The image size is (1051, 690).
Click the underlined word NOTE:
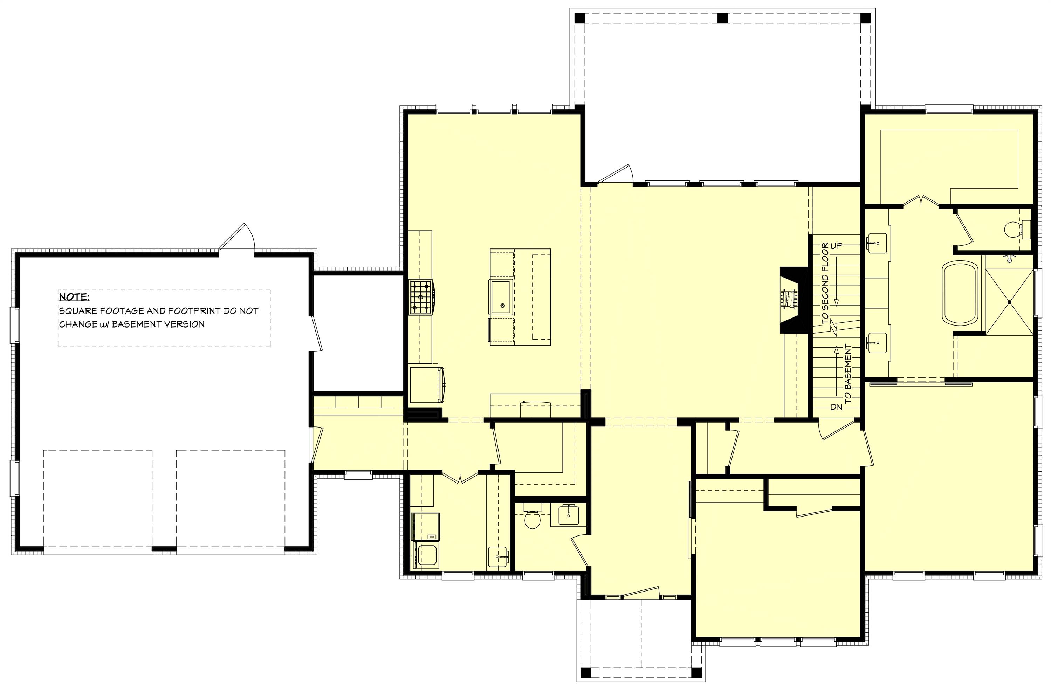pyautogui.click(x=74, y=296)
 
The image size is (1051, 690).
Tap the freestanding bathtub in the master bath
pyautogui.click(x=961, y=299)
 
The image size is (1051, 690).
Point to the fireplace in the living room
pyautogui.click(x=794, y=300)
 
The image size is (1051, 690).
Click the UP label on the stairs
pyautogui.click(x=836, y=246)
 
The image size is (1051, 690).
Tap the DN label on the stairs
pyautogui.click(x=836, y=407)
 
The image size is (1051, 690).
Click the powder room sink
pyautogui.click(x=568, y=515)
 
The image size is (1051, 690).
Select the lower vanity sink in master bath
pyautogui.click(x=877, y=342)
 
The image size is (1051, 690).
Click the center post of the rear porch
pyautogui.click(x=722, y=18)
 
